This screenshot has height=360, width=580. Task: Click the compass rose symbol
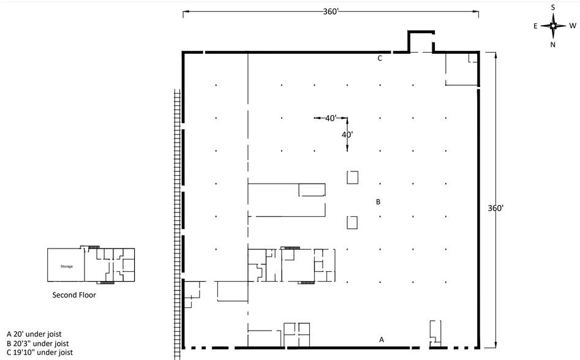point(553,26)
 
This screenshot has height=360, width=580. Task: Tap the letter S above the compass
point(553,7)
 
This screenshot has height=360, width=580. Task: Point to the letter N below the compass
point(553,45)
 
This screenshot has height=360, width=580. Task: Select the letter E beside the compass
point(535,26)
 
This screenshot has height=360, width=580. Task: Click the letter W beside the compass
point(573,26)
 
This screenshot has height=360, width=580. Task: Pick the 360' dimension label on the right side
point(495,208)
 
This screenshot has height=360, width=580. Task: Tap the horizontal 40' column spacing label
point(331,118)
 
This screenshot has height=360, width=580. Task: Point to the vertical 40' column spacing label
point(347,134)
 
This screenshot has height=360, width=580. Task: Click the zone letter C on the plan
point(380,59)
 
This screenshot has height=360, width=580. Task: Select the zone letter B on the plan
point(379,201)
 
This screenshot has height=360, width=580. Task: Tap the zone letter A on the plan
point(382,339)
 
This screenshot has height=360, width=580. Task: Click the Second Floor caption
point(74,294)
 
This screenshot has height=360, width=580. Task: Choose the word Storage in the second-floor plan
point(66,266)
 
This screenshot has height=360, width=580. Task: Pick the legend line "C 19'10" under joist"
point(40,353)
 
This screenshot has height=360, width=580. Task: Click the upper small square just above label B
point(352,178)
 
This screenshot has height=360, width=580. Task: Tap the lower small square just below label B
point(352,222)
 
